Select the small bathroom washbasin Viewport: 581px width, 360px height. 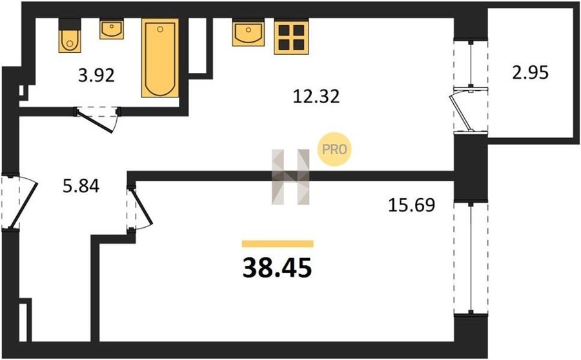coord(112,30)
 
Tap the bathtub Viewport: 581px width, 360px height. coord(160,58)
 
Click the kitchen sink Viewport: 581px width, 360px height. coord(249,34)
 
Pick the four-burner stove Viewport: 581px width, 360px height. coord(291,37)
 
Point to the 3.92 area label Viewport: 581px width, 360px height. coord(96,75)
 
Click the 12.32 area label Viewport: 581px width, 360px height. coord(316,96)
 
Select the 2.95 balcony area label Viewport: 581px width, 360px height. coord(530,73)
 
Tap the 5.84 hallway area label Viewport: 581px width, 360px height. coord(81,186)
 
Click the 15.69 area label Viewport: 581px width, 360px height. coord(411,205)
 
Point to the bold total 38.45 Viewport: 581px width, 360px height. coord(277,269)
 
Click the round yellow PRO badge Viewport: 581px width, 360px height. coord(334,149)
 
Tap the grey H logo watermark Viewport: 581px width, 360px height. coord(290,177)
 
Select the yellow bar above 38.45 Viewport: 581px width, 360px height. coord(278,244)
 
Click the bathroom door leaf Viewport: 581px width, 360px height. coord(95,121)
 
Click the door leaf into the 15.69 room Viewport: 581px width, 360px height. coord(141,206)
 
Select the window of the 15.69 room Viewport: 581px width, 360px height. coord(471,258)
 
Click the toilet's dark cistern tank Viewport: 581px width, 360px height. coord(70,24)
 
